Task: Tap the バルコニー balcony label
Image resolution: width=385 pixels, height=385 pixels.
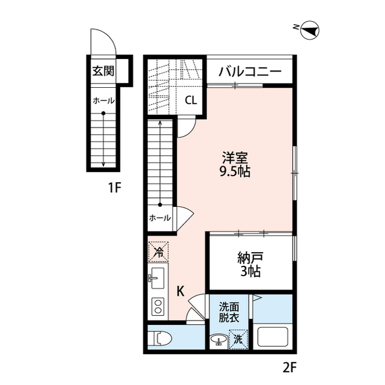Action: click(250, 71)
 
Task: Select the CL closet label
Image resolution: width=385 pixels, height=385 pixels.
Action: click(190, 100)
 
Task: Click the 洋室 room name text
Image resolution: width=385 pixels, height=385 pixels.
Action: click(235, 158)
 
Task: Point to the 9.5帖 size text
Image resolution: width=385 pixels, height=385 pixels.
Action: click(235, 171)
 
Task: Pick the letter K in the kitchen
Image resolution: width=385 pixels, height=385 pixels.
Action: click(180, 292)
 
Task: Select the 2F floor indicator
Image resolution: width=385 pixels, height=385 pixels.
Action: click(291, 366)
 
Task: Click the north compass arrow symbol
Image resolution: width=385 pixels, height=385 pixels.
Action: click(310, 28)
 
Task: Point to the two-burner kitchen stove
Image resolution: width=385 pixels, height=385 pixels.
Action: click(158, 307)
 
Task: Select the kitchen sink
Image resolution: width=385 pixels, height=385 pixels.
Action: click(158, 278)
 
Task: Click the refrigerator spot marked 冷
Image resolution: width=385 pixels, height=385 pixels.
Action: click(158, 251)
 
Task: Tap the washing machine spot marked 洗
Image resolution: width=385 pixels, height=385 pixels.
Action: click(238, 339)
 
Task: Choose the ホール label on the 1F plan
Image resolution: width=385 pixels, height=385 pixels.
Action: click(103, 100)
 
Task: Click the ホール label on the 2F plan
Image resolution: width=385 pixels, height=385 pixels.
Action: click(159, 218)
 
